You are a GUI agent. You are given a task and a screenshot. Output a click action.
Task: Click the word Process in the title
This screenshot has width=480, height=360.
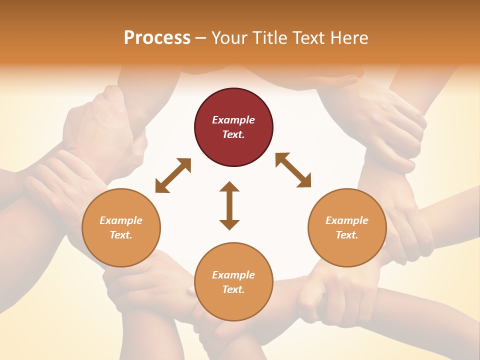coord(157,38)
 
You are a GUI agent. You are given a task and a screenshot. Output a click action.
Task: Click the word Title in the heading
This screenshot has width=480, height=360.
coord(269,38)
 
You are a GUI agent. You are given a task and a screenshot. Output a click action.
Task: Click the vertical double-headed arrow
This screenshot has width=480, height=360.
coord(229,205)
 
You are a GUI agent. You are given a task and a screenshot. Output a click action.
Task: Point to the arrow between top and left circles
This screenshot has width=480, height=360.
coord(173,175)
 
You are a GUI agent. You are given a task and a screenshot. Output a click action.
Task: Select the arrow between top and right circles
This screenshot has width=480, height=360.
coord(293,170)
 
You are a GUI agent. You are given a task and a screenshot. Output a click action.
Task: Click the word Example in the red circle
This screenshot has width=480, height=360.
coord(233,120)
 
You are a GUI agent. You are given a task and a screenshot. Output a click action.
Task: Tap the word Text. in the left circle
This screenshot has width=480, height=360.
coord(121,235)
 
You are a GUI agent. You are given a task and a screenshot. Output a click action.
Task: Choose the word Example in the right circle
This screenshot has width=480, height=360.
coord(347,220)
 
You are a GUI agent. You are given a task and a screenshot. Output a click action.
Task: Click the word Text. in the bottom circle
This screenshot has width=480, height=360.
coord(233,289)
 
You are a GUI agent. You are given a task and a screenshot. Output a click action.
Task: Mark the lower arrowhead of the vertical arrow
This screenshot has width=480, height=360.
coord(229,224)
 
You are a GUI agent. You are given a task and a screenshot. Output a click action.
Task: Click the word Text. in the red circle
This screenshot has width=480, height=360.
coord(233,134)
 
